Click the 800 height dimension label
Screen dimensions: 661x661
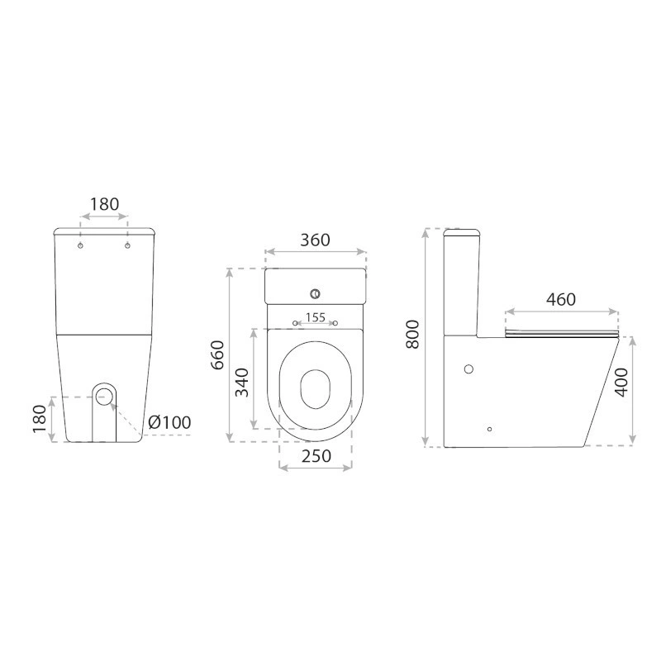coord(413,334)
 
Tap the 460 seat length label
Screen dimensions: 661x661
coord(561,299)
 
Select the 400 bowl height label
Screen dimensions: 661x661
coord(621,383)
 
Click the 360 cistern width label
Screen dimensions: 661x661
coord(315,240)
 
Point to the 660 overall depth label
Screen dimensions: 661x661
coord(217,355)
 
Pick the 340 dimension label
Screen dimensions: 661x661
coord(242,383)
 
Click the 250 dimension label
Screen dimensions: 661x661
coord(316,456)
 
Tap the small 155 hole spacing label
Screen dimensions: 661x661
coord(316,317)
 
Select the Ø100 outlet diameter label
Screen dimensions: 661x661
coord(169,422)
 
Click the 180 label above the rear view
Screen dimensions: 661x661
coord(105,204)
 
